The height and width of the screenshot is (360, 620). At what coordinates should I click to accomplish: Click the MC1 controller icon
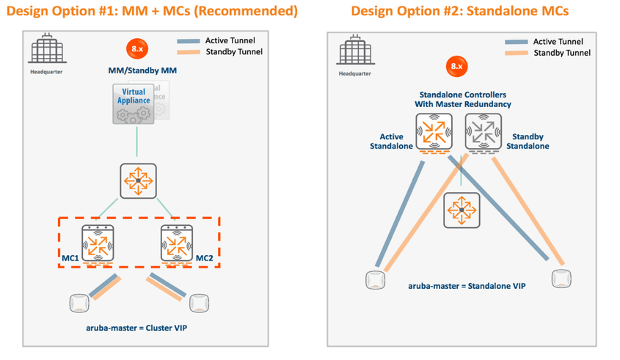[98, 243]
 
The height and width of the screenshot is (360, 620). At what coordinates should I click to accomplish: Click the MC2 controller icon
[177, 243]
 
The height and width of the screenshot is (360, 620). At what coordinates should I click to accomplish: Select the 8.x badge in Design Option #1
[136, 48]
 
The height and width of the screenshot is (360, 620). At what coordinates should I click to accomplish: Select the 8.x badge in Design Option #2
[456, 66]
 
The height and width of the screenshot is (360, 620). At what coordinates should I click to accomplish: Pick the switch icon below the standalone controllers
[461, 210]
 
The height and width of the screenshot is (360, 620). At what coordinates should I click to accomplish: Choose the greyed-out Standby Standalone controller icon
[483, 133]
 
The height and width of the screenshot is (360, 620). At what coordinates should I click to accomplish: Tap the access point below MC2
[197, 302]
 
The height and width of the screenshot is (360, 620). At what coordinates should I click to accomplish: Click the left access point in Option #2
[376, 279]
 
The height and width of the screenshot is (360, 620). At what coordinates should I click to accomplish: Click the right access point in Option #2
[561, 278]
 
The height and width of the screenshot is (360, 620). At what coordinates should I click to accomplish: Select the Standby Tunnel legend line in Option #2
[516, 53]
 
